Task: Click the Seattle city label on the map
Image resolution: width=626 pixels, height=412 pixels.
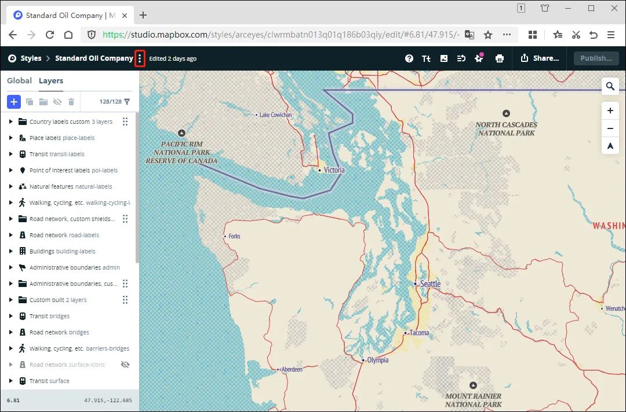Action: [430, 284]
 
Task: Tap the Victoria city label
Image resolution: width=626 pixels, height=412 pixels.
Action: [334, 170]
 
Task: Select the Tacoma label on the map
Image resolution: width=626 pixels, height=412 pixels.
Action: [418, 333]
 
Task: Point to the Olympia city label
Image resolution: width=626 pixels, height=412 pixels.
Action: [377, 360]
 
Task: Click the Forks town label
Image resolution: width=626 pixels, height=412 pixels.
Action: [234, 236]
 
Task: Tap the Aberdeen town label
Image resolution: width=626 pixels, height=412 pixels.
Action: [292, 369]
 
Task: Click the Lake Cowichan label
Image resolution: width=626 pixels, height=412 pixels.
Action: [275, 115]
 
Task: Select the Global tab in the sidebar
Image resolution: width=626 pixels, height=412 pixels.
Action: [19, 80]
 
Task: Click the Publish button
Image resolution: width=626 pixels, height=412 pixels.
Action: [596, 58]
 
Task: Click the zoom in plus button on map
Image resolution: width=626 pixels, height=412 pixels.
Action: [610, 111]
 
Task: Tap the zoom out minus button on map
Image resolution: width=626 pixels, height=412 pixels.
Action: [610, 128]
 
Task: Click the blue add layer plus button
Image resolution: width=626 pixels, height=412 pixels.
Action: [14, 102]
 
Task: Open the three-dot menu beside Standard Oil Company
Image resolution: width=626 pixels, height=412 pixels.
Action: [140, 58]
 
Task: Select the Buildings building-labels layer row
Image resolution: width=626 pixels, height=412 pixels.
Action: [62, 251]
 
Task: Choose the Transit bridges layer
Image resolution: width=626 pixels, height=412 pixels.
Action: [49, 316]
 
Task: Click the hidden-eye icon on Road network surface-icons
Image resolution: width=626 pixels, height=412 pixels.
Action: [125, 365]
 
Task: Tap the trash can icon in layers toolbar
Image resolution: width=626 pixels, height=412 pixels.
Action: [71, 102]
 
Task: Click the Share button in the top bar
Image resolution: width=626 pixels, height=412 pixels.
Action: [540, 58]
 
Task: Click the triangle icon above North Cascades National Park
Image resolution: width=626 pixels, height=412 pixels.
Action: [506, 113]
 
